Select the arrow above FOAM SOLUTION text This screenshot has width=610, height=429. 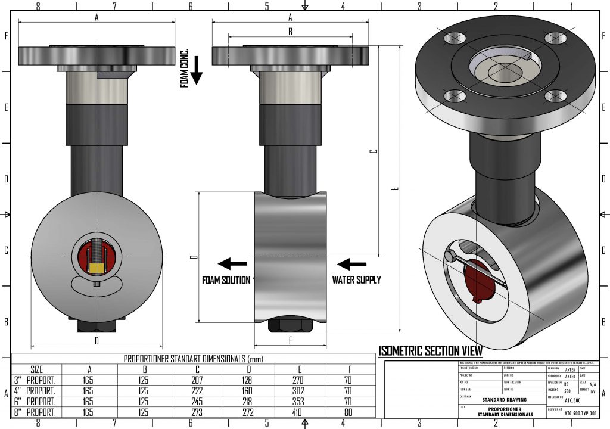(x=232, y=263)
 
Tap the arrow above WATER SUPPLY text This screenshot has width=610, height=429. (x=352, y=263)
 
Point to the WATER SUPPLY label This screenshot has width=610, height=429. (x=356, y=279)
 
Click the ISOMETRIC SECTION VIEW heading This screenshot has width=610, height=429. (x=430, y=351)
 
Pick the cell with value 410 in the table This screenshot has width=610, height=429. (x=299, y=412)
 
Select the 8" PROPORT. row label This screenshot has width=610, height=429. (x=35, y=412)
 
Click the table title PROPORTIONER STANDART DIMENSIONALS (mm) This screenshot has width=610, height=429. (x=193, y=359)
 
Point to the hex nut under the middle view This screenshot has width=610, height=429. (x=290, y=325)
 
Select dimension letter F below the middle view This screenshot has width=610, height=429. (x=290, y=341)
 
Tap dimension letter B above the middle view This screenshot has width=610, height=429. (x=290, y=32)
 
